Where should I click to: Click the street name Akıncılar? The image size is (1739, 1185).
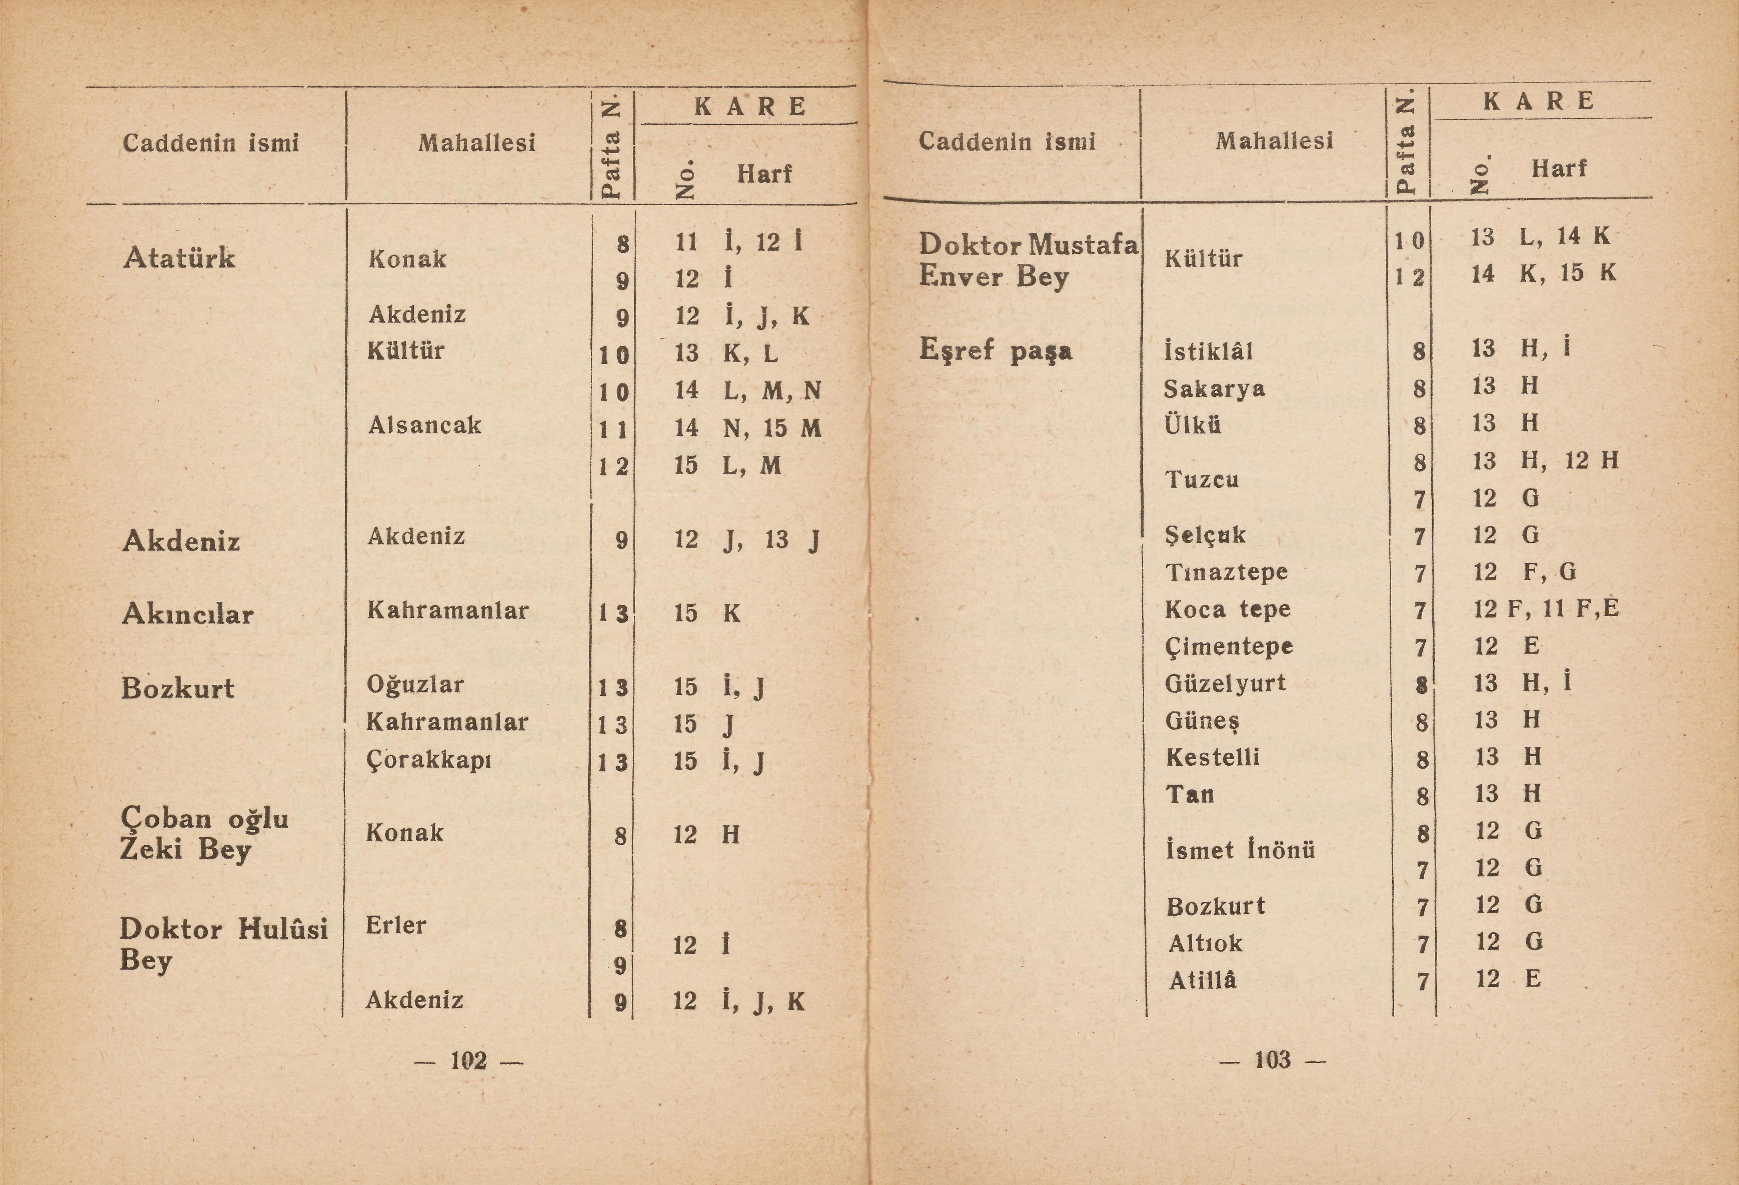tap(188, 614)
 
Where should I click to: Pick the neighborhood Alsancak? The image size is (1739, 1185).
tap(424, 425)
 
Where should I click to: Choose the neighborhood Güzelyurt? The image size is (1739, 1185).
tap(1225, 683)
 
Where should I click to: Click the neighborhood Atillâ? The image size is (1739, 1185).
tap(1202, 980)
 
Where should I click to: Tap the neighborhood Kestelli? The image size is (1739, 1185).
tap(1212, 757)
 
